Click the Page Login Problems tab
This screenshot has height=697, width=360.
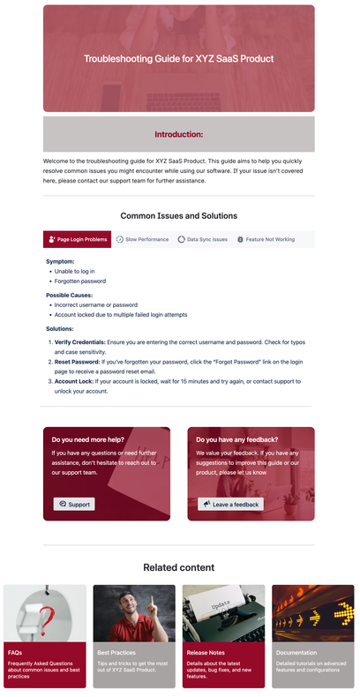coord(78,239)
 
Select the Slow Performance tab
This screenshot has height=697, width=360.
coord(142,239)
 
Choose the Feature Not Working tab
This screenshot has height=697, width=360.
coord(265,239)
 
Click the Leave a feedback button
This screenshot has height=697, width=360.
coord(230,504)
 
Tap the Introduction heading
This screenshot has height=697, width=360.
coord(178,135)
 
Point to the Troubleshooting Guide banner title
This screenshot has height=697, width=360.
coord(178,58)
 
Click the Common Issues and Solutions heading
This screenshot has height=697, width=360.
coord(178,215)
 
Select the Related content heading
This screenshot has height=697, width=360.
coord(178,567)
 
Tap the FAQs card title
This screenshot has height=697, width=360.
coord(15,653)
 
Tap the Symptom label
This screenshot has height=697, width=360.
coord(60,261)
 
